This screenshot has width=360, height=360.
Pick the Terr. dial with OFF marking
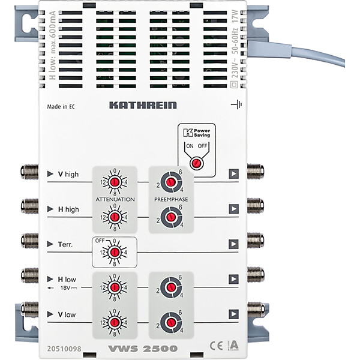[114, 248]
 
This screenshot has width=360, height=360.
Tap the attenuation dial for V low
[114, 319]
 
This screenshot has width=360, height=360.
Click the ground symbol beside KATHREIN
[235, 105]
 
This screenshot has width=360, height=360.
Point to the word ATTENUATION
[114, 198]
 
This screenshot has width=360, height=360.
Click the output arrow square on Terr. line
[233, 244]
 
